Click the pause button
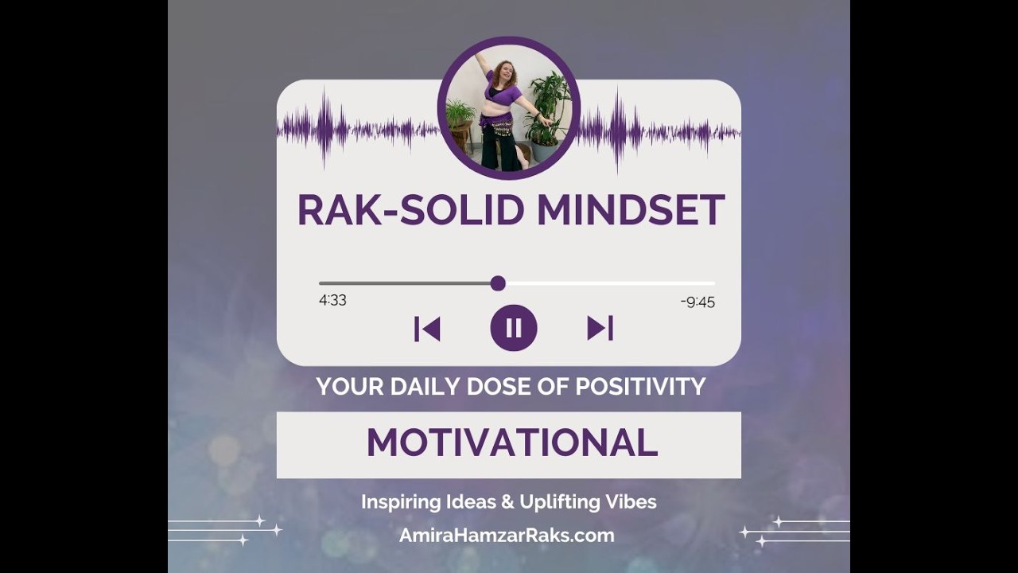point(514,328)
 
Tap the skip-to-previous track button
point(427,329)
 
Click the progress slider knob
point(498,283)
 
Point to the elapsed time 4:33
point(332,300)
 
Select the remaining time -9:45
point(697,302)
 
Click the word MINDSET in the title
point(630,210)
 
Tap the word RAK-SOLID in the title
point(410,210)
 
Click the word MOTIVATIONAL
point(511,443)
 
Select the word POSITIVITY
point(640,387)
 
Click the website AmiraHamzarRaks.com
point(507,536)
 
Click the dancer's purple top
point(503,95)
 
